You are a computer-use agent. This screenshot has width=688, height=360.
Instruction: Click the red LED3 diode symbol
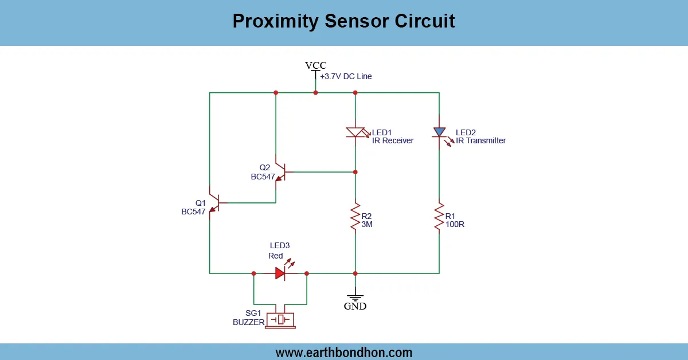(280, 273)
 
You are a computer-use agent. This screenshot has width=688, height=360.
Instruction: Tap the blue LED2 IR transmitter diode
(439, 132)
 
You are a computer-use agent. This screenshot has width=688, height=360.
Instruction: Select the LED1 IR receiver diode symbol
(355, 132)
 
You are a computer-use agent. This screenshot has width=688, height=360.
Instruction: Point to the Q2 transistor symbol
(280, 171)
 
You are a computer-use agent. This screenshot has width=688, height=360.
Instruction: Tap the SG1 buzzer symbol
(280, 319)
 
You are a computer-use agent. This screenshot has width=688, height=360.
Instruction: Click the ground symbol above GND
(355, 297)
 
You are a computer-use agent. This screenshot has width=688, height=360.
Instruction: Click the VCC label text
(315, 65)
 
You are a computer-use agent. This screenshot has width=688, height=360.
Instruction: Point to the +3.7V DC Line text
(346, 76)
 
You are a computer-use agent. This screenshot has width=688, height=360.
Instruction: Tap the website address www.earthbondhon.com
(344, 353)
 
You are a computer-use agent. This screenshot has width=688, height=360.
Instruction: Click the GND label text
(355, 306)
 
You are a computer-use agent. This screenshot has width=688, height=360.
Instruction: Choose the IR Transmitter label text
(480, 140)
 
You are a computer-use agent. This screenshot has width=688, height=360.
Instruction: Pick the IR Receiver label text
(392, 140)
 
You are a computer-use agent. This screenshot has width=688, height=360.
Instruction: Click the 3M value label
(367, 224)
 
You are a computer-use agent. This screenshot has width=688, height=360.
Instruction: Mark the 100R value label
(455, 224)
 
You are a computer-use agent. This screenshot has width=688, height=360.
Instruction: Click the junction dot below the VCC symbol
(315, 92)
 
